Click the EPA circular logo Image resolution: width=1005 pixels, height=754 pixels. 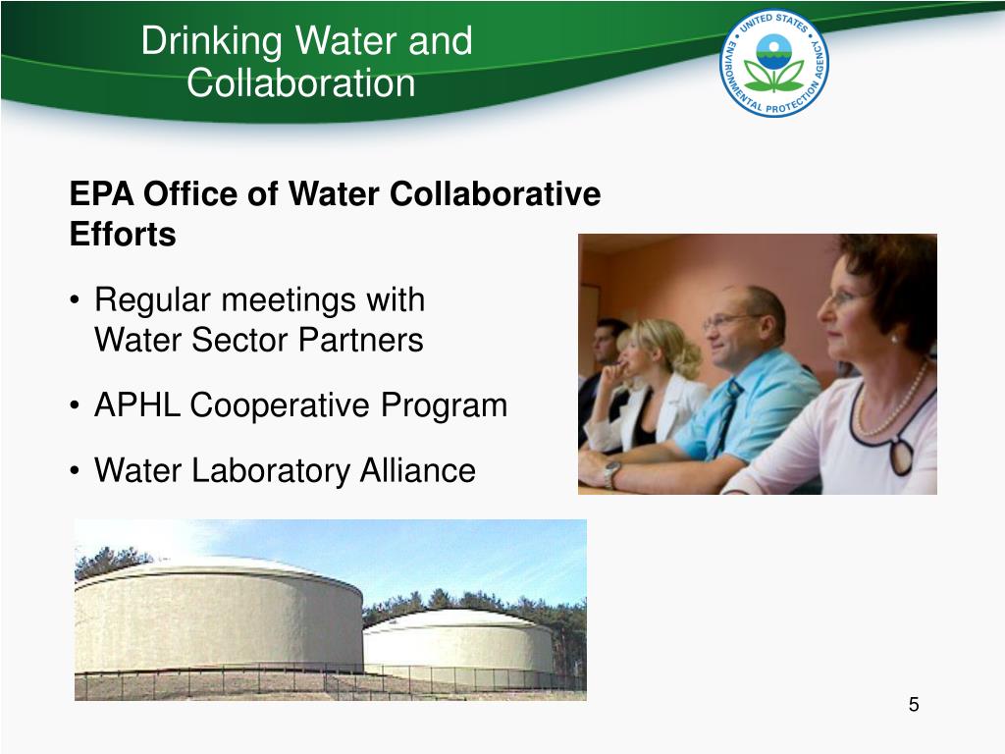(773, 65)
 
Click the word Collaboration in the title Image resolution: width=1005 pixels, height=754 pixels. (301, 82)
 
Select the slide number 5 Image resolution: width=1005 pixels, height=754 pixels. (914, 705)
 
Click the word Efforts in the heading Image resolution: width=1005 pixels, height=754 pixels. (123, 236)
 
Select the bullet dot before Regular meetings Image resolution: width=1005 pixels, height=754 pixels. (76, 299)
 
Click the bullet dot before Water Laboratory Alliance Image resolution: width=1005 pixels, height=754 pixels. (76, 472)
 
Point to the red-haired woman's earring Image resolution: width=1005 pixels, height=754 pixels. (893, 337)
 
